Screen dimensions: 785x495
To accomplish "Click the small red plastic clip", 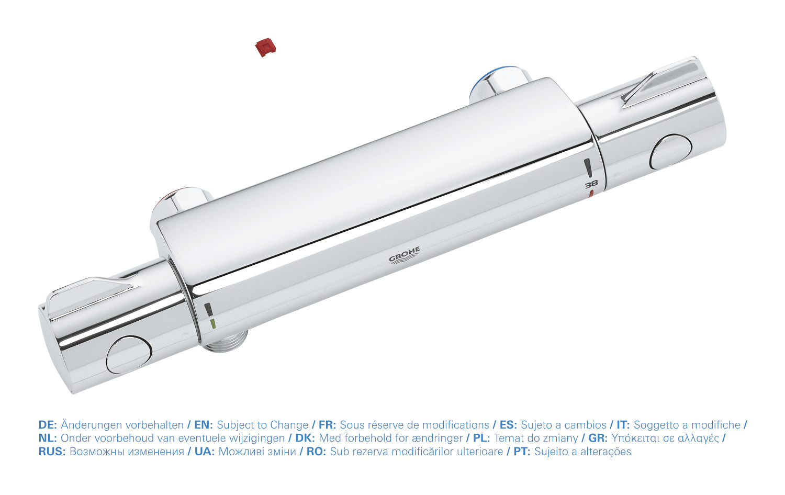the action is point(265,47).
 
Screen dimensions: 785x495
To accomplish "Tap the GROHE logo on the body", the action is point(405,255).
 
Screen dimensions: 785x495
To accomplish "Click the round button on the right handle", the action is point(670,152).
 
